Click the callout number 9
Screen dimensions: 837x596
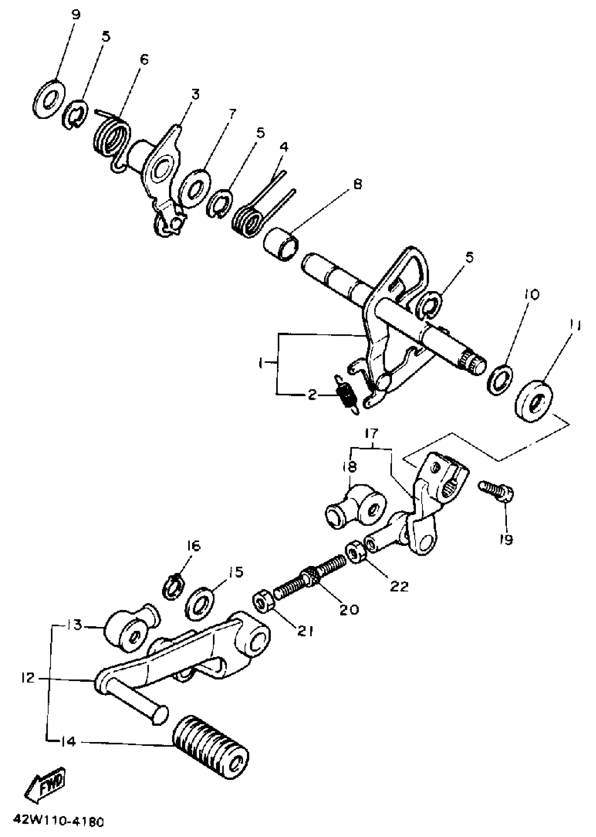(76, 15)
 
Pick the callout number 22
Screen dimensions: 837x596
(400, 587)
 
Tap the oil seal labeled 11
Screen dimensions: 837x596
(534, 399)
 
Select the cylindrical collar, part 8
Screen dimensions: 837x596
(281, 244)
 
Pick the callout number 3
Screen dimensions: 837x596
(195, 94)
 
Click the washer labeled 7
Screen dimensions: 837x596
(195, 188)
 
